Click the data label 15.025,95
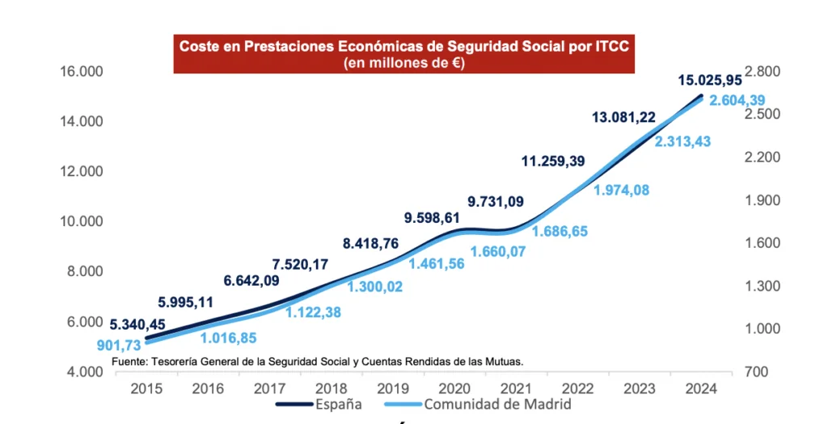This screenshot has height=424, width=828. [x=710, y=80]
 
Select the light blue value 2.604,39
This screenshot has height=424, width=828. [x=737, y=100]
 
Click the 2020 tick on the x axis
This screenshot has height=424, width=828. [x=454, y=388]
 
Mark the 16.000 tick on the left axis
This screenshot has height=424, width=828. [x=82, y=72]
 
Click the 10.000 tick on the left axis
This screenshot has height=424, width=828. [x=82, y=221]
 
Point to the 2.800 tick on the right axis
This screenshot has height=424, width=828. [x=763, y=72]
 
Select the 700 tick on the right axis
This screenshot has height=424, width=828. [x=758, y=372]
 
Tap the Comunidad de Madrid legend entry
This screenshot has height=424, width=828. [x=497, y=404]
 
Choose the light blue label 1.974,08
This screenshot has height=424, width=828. [x=621, y=191]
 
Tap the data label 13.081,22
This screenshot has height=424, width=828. [x=623, y=118]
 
